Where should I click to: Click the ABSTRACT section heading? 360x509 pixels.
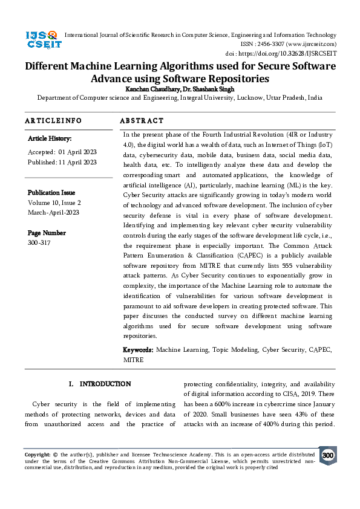[142, 121]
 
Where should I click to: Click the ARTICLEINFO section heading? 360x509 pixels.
[53, 121]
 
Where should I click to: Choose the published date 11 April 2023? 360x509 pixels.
[77, 162]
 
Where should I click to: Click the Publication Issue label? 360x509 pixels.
[51, 193]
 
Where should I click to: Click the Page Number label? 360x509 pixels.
[47, 233]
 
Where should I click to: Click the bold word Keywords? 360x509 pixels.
[138, 350]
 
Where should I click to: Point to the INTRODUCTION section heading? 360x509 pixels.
[105, 384]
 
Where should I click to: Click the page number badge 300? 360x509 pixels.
[327, 456]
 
